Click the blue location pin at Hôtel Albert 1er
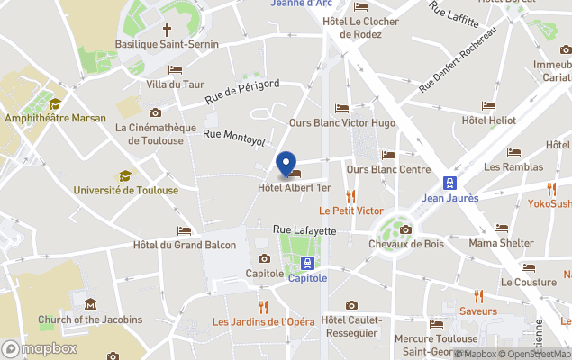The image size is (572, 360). coord(286,166)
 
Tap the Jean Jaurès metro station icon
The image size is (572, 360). coord(449,182)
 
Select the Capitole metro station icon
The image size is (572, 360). coord(308,263)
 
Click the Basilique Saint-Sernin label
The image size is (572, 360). coord(156,43)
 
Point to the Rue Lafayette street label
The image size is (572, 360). coord(304,231)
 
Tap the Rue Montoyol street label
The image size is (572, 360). coord(234,139)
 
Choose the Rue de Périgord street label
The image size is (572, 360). coord(241,91)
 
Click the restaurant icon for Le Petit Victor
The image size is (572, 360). coord(351,196)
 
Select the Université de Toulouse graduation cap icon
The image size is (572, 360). coord(125,175)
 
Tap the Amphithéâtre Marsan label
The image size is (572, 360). coord(55,118)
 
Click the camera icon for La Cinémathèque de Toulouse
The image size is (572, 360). coord(156,112)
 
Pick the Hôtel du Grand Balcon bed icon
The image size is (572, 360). coord(185,230)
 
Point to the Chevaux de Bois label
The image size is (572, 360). coord(406,244)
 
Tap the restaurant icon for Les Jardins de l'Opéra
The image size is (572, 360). coord(264,307)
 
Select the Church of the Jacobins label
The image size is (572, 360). coord(90,319)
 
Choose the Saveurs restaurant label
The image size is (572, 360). coord(477,311)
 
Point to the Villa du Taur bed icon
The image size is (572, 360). coord(176,70)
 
